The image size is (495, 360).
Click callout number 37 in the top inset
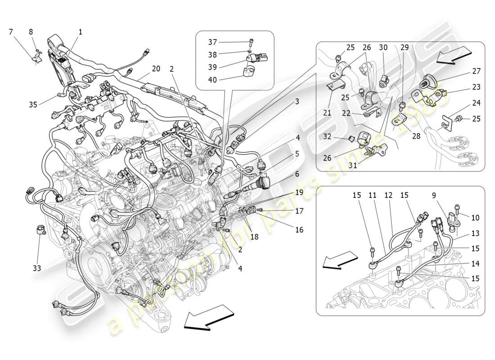click(212, 42)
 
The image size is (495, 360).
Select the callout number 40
click(212, 81)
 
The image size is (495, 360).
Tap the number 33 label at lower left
click(36, 268)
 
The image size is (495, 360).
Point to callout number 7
click(11, 31)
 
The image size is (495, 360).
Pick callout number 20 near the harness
click(156, 69)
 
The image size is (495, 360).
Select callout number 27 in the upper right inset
click(464, 71)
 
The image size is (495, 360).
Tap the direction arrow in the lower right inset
click(340, 261)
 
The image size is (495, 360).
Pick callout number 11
click(372, 196)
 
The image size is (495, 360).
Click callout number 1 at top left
click(80, 32)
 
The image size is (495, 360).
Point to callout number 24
click(476, 103)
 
